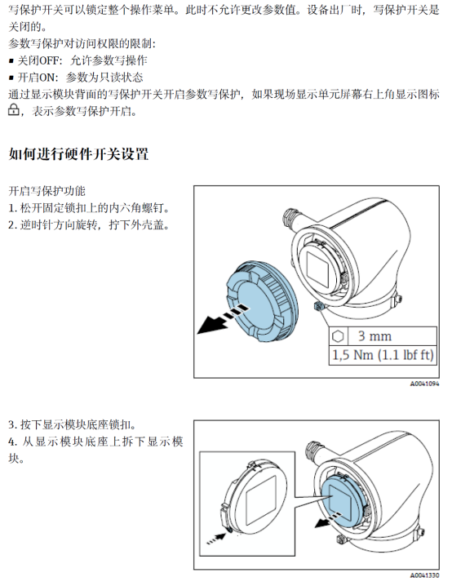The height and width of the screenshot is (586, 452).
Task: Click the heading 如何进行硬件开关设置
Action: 78,154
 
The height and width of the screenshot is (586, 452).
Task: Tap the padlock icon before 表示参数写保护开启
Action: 14,110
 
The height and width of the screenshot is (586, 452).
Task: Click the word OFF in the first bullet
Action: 50,60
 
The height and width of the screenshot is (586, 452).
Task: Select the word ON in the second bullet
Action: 47,78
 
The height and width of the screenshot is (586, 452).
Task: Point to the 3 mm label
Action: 374,336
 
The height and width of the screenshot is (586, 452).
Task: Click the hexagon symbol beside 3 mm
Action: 338,336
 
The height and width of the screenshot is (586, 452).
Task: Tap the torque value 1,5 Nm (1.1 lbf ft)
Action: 383,355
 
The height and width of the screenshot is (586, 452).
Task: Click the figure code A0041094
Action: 425,384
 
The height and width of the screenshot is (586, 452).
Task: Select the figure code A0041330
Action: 425,575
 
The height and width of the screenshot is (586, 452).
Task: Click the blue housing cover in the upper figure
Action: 262,302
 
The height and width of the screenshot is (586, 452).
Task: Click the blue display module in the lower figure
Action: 341,502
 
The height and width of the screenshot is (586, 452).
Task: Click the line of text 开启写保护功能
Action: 47,191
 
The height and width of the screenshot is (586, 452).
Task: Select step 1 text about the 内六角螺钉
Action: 89,208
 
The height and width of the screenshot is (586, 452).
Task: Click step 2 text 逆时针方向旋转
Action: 89,225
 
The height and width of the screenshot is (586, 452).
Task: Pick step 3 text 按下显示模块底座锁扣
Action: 72,424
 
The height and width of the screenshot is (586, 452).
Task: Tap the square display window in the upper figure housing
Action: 317,269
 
